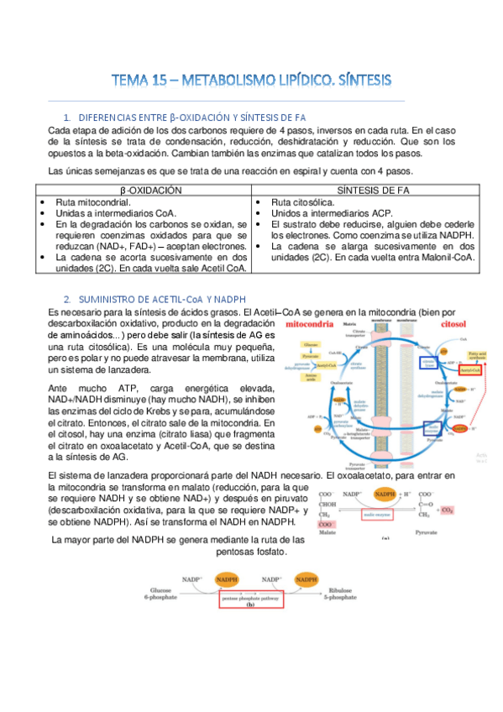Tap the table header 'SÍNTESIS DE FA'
click(x=364, y=191)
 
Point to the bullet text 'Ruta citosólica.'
click(x=302, y=203)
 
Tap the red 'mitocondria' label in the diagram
click(x=314, y=322)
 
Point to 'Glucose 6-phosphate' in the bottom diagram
click(x=161, y=595)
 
